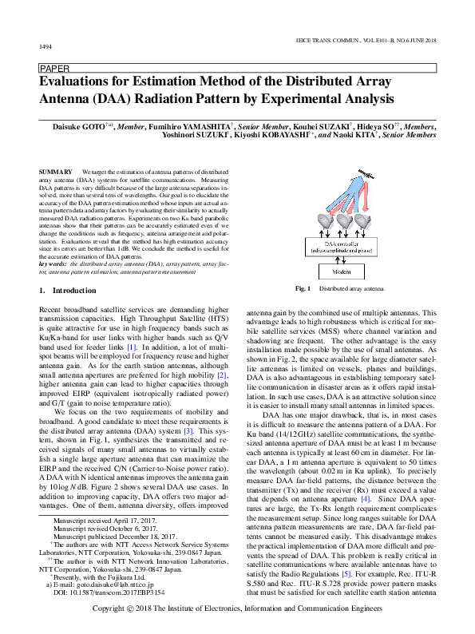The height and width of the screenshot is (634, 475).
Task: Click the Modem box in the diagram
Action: point(340,272)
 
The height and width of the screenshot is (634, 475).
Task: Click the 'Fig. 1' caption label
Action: point(303,287)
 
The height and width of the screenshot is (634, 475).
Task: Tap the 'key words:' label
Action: point(53,263)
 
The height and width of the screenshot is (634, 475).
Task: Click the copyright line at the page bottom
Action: point(237,619)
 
